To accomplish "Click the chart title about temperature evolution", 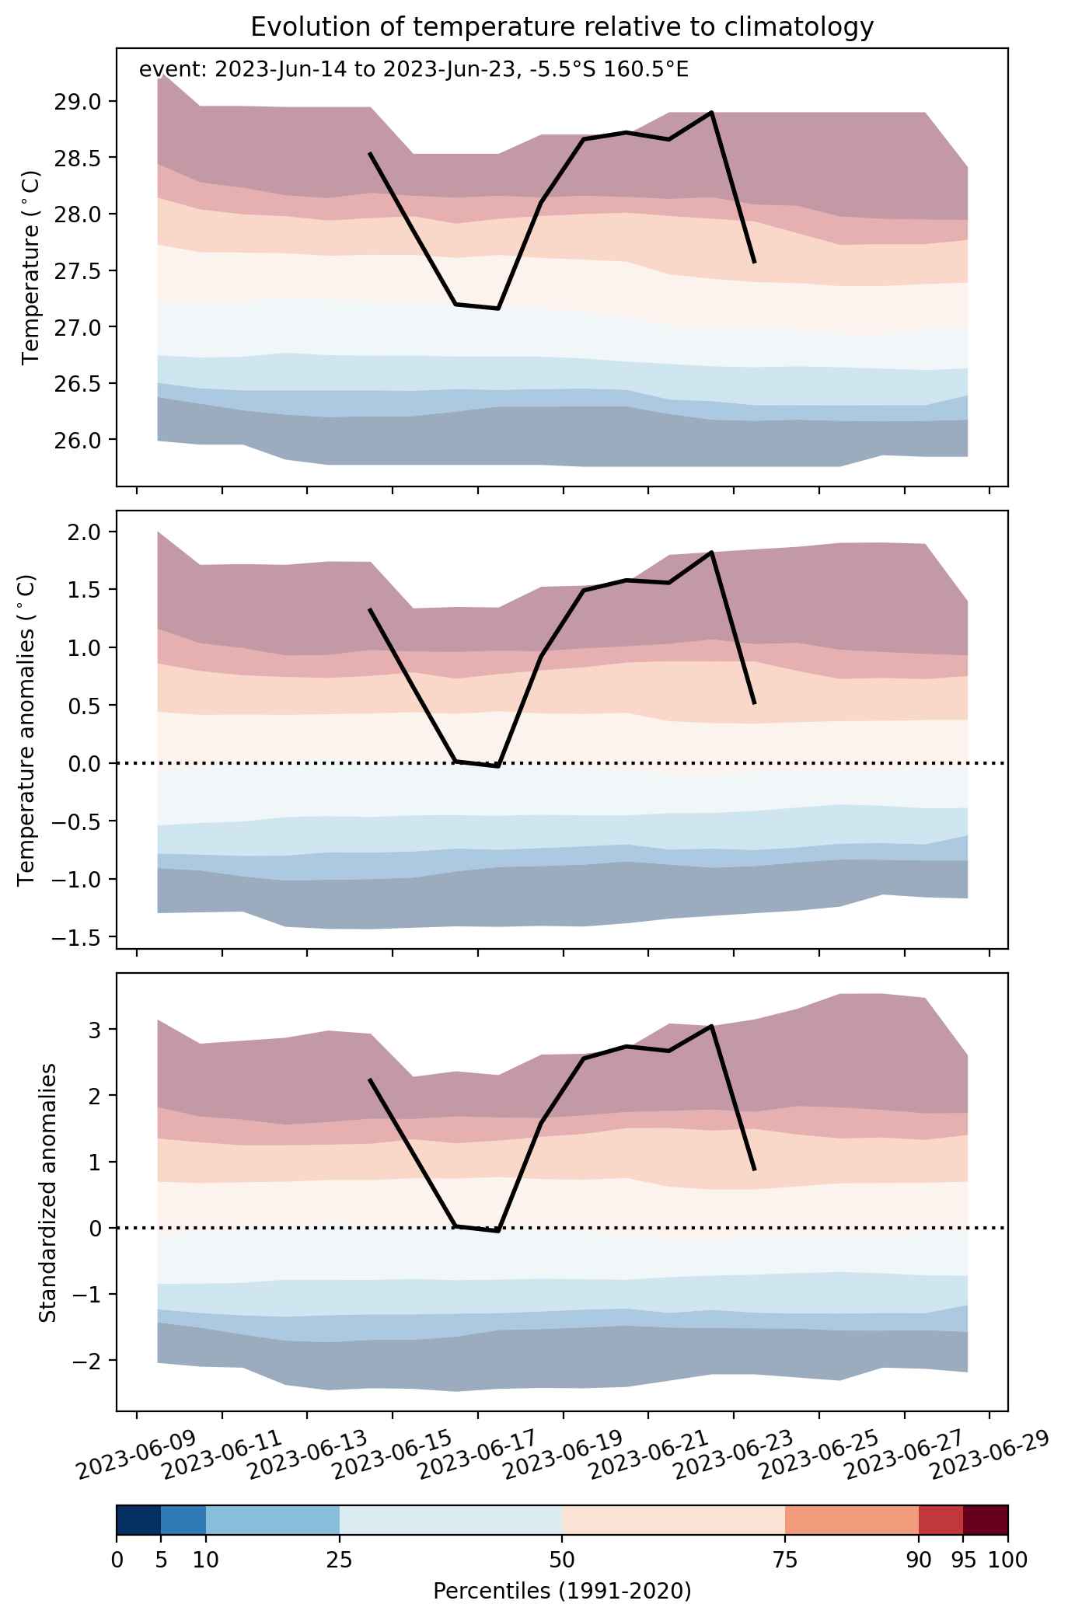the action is [562, 27].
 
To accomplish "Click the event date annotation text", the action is [414, 70].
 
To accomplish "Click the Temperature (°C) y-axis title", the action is [32, 268].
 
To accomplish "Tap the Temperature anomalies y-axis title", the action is [27, 730].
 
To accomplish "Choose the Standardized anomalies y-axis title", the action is [47, 1192].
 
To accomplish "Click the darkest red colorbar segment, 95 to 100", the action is [986, 1521].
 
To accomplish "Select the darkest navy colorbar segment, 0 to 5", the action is [138, 1521].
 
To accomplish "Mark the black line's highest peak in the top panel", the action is [711, 113].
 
